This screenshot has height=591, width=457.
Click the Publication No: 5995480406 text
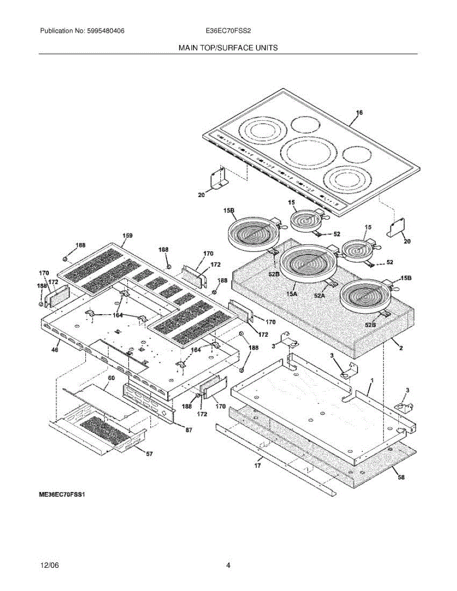pos(82,31)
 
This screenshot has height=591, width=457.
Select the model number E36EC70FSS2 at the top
pos(228,31)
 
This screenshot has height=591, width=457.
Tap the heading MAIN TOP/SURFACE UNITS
pos(228,48)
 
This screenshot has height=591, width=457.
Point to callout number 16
pos(359,113)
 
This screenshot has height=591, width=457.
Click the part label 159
pos(127,236)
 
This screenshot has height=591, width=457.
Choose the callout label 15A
pos(292,294)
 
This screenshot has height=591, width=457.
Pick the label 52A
pos(320,296)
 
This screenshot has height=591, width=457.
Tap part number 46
pos(55,350)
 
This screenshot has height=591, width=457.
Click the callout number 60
pos(111,378)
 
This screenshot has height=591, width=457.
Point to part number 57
pos(148,454)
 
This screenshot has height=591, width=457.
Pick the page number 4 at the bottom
pos(228,565)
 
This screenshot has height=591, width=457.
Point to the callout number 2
pos(401,348)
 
